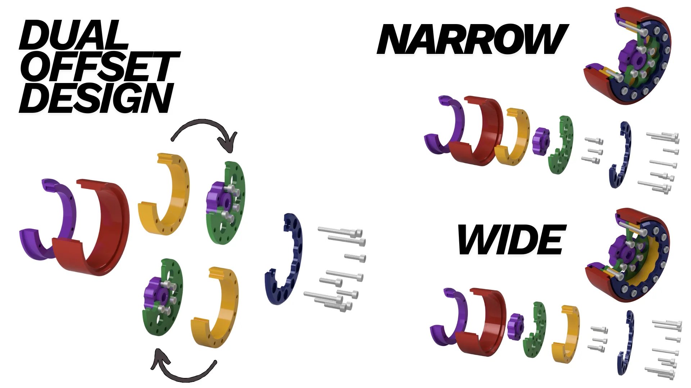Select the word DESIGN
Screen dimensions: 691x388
pos(96,98)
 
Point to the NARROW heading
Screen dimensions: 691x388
pos(472,39)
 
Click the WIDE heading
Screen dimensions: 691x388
pos(511,239)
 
